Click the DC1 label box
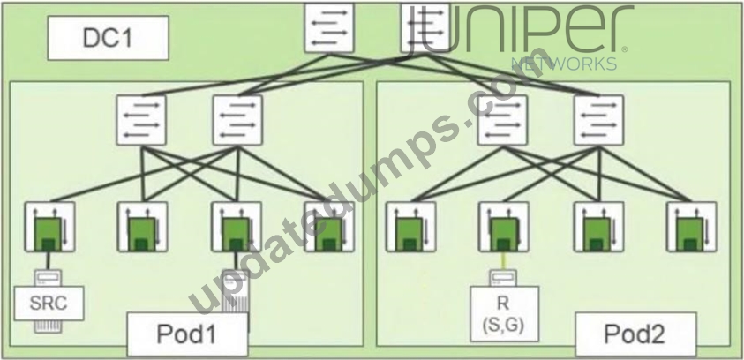coord(109,38)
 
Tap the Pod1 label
coord(187,334)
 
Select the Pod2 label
coord(635,334)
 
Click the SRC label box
coord(49,303)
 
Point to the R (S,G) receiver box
coord(504,314)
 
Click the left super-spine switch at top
coord(329,27)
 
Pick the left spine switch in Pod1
coord(141,120)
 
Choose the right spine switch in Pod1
coord(237,120)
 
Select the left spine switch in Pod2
coord(502,120)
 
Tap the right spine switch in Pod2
coord(598,120)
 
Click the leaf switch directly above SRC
coord(49,227)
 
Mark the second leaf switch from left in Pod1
coord(142,227)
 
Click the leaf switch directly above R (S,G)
coord(503,227)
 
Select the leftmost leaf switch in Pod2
coord(410,227)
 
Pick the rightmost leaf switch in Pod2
coord(692,227)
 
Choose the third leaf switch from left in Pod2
coord(598,227)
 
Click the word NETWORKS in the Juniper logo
coord(564,64)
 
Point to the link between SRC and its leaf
coord(48,260)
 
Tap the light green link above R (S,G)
coord(502,261)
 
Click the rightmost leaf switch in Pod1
coord(329,227)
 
